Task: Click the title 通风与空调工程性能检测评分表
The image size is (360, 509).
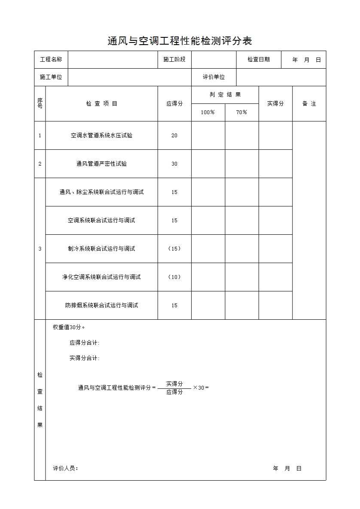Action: tap(180, 41)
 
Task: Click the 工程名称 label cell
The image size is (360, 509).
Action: tap(51, 60)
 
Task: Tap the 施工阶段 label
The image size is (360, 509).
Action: tap(174, 60)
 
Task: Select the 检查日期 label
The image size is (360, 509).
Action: tap(259, 60)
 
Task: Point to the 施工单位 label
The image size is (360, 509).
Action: tap(51, 77)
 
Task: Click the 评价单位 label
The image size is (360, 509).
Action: tap(214, 77)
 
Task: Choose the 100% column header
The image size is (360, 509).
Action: tap(208, 112)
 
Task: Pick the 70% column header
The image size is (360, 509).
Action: tap(242, 112)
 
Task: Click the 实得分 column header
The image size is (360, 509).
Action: tap(275, 104)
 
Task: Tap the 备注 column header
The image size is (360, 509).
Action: tap(309, 104)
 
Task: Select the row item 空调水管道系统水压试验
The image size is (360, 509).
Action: tap(101, 136)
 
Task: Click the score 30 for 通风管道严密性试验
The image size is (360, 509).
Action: tap(174, 164)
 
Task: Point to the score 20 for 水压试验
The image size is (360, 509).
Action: tap(174, 136)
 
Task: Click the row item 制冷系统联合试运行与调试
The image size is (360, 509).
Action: tap(101, 249)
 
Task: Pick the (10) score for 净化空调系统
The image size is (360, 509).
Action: tap(174, 277)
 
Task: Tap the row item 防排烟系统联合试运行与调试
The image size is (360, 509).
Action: tap(101, 306)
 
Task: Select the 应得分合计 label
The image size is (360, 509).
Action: tap(85, 343)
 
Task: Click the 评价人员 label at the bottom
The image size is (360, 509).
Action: tap(66, 469)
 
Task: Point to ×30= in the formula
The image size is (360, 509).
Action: tap(201, 388)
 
